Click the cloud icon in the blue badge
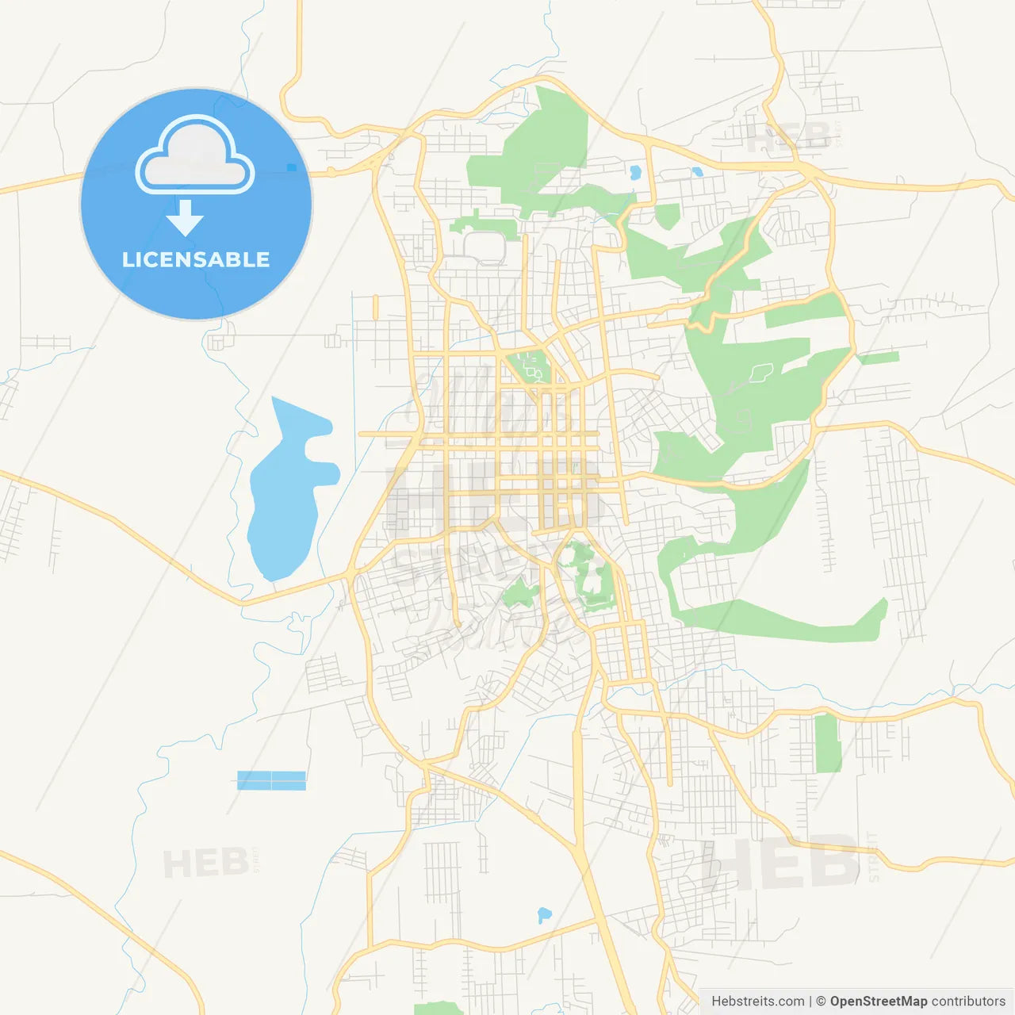coord(195,155)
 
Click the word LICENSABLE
coord(196,259)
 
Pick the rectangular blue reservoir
coord(271,780)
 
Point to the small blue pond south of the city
coord(544,914)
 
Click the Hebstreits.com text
coord(757,1002)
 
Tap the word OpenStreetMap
coord(878,1002)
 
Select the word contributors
coord(967,1002)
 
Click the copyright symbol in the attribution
coord(821,1002)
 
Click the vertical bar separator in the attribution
coord(810,1002)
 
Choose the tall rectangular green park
coord(828,743)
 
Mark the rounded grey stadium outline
coord(485,247)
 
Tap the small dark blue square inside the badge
coord(291,167)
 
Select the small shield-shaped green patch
coord(667,216)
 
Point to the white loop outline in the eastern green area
coord(760,370)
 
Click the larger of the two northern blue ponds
coord(634,172)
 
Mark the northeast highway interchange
coord(809,170)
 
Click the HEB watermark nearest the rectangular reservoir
coord(205,862)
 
